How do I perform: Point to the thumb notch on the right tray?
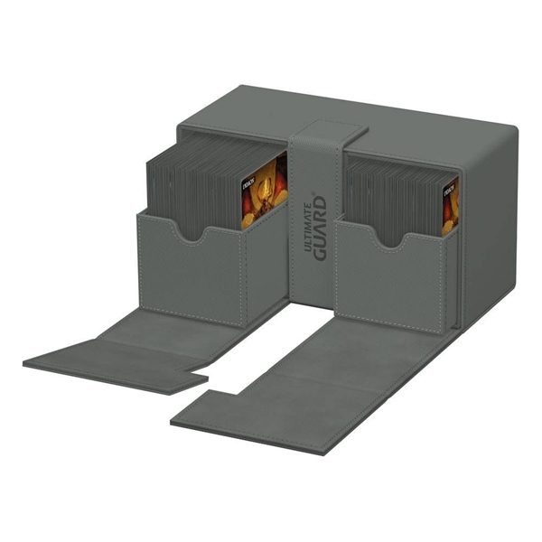coord(391,239)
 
